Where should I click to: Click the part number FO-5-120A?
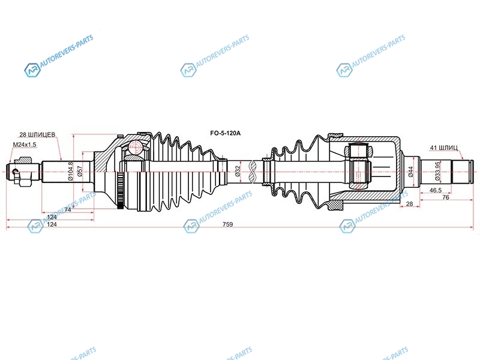[226, 133]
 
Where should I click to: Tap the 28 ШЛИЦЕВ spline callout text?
[37, 134]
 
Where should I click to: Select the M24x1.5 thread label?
[25, 145]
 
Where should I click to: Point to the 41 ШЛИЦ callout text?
[444, 148]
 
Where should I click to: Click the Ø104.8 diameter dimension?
[71, 171]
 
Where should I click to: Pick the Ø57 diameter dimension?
[80, 171]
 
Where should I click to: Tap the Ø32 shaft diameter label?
[238, 172]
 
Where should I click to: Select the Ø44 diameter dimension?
[411, 172]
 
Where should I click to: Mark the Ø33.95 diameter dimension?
[437, 171]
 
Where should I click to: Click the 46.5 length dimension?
[436, 190]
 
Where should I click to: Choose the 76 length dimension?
[446, 197]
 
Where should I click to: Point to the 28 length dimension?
[409, 204]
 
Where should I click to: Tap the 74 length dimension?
[68, 209]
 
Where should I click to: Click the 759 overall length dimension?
[228, 224]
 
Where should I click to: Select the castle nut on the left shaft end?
[25, 172]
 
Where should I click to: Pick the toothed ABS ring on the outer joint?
[121, 191]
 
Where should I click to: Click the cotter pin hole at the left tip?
[14, 171]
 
